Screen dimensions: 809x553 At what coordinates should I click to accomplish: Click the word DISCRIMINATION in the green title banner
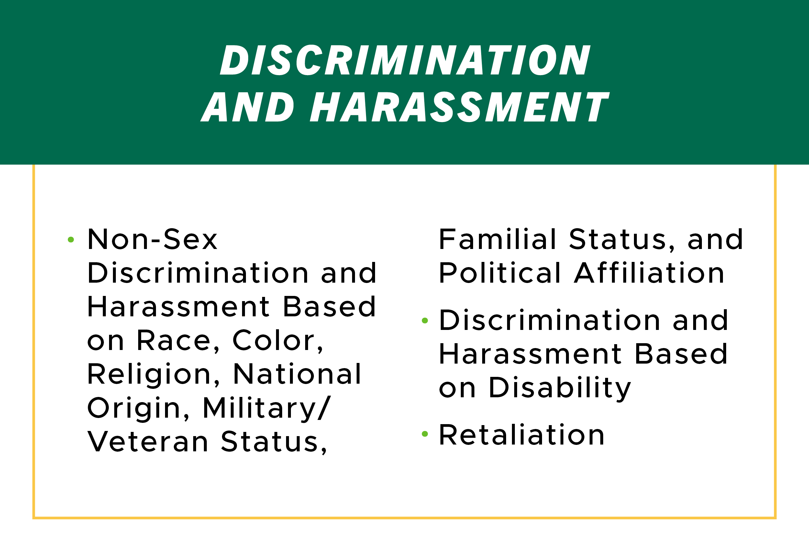(x=405, y=60)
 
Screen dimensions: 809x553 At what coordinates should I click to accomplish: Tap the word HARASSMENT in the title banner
(x=459, y=107)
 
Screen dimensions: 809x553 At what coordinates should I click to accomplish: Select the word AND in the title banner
(x=248, y=107)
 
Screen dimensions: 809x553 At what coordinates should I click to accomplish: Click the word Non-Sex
(x=152, y=239)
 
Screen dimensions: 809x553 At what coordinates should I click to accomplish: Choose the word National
(x=297, y=374)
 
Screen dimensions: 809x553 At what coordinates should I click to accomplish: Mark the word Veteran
(x=148, y=442)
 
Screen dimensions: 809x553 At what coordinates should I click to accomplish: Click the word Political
(x=500, y=273)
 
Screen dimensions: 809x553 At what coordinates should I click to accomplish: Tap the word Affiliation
(x=649, y=273)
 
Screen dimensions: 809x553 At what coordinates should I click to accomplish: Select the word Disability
(x=560, y=388)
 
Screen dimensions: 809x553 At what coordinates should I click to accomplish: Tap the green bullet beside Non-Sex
(x=71, y=240)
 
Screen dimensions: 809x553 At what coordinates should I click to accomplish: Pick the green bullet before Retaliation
(x=425, y=434)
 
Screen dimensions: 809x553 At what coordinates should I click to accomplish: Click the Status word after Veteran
(x=274, y=442)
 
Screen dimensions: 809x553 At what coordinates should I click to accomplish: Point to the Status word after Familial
(x=621, y=240)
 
